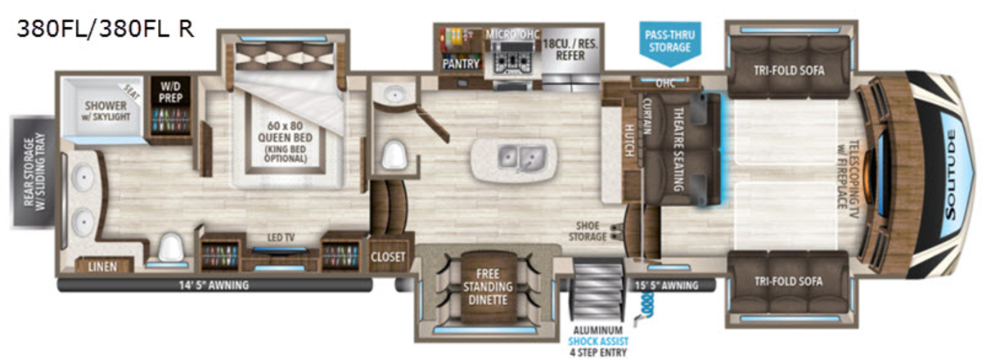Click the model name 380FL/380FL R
point(106,29)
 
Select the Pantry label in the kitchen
point(460,64)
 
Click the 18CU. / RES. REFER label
point(570,50)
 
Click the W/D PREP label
point(170,92)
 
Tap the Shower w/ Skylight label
point(106,111)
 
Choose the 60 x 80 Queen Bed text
point(285,132)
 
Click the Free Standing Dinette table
point(488,287)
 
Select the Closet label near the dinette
point(388,257)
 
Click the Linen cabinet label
point(102,267)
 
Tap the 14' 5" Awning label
point(214,286)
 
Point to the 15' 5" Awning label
point(666,286)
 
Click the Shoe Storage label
point(588,231)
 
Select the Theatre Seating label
point(678,150)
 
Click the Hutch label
point(629,140)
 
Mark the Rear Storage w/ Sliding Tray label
point(34,172)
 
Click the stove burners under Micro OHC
point(511,64)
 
